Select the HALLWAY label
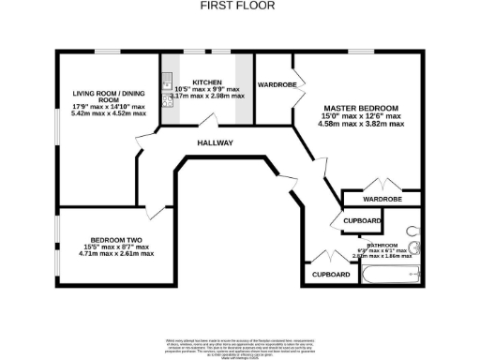[x=215, y=142]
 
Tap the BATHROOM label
[x=382, y=245]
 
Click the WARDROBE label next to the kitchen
[x=277, y=84]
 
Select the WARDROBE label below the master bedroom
[x=382, y=199]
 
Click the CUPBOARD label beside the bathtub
[x=331, y=275]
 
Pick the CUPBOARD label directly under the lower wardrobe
[x=362, y=221]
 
